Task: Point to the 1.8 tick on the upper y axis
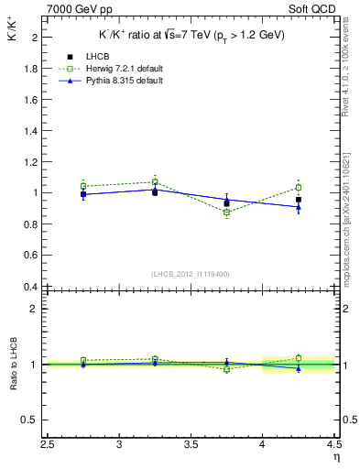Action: click(31, 69)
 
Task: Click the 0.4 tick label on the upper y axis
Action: click(31, 286)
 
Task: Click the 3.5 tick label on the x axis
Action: click(191, 446)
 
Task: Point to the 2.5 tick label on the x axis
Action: click(48, 446)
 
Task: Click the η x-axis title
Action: click(335, 458)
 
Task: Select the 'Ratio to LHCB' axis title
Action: click(14, 365)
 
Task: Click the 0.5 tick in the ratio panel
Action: click(31, 420)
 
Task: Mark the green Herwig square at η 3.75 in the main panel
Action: click(226, 213)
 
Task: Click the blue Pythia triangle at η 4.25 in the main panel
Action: click(299, 207)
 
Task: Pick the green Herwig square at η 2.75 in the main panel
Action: click(83, 186)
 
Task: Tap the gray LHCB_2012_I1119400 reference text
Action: click(191, 274)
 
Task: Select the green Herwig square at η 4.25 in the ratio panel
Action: click(299, 358)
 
